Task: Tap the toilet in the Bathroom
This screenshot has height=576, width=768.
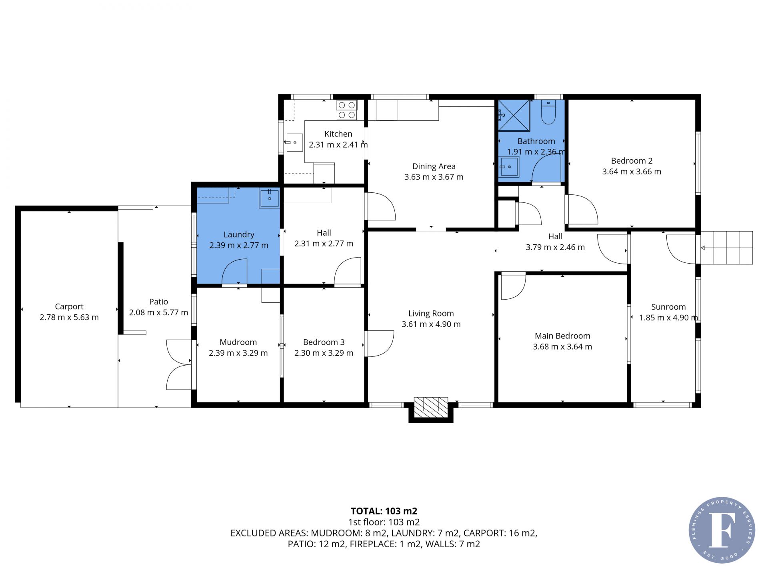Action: click(548, 112)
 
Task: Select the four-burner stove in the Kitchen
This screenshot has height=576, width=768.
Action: click(346, 110)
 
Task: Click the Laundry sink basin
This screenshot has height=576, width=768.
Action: click(270, 198)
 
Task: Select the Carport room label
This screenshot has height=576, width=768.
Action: click(69, 306)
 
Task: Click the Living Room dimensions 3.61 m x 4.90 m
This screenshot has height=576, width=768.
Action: click(431, 324)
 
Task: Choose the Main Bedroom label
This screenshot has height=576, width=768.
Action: click(562, 336)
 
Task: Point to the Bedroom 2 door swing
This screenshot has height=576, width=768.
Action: click(582, 209)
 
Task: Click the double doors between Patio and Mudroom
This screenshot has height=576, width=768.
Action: click(179, 364)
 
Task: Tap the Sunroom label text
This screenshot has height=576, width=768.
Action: click(668, 307)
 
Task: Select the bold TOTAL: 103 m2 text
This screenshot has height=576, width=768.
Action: click(384, 511)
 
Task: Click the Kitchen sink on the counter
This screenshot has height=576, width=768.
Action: click(295, 142)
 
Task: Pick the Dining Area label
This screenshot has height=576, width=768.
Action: click(434, 166)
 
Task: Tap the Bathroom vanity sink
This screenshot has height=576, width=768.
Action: click(509, 167)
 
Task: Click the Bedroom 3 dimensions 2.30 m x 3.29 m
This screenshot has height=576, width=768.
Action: click(324, 353)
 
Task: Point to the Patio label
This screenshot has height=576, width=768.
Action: click(158, 302)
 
